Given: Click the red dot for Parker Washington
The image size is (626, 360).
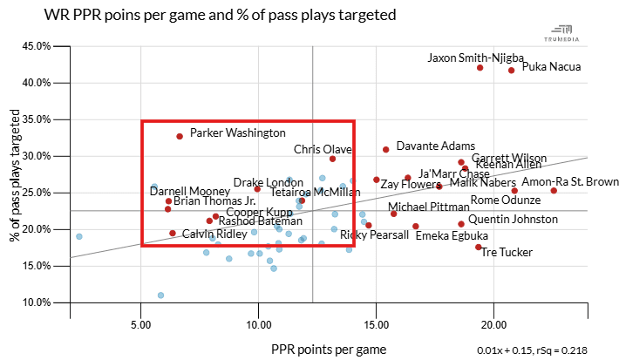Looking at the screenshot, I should (180, 136).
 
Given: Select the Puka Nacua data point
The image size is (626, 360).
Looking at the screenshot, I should (511, 70).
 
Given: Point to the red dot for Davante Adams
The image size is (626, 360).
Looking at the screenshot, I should (385, 149).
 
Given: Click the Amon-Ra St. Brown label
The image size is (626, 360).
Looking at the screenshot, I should (570, 181).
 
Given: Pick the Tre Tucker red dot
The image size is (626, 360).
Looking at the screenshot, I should (479, 247).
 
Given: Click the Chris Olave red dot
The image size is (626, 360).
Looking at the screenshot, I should (332, 159).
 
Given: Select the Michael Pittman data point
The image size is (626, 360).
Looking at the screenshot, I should (393, 214).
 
